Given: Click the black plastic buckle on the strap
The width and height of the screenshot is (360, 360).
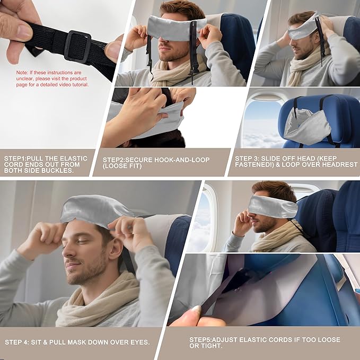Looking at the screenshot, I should (x=77, y=47).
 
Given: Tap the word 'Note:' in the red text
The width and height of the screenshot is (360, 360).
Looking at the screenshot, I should (x=22, y=72).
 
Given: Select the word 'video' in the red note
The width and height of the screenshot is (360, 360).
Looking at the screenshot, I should (x=68, y=85).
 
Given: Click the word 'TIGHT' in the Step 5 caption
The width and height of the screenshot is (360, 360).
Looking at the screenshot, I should (x=211, y=346).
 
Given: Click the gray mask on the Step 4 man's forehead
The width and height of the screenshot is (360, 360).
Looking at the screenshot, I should (x=95, y=209).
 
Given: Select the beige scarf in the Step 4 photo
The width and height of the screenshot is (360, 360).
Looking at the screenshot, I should (x=98, y=302).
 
